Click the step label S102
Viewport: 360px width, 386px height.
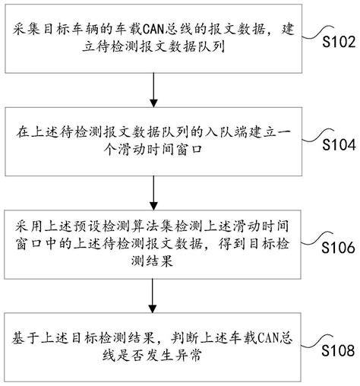click(338, 42)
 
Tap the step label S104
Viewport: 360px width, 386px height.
click(338, 144)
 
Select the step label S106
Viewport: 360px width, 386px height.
click(338, 248)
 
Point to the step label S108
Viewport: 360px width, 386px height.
click(338, 351)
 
